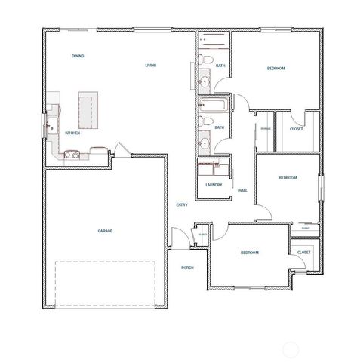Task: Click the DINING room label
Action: [77, 57]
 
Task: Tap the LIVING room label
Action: [150, 66]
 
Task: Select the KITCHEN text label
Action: [72, 133]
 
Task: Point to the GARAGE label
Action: [105, 231]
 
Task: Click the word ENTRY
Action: [182, 204]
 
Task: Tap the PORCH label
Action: [187, 268]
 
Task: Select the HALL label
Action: [243, 190]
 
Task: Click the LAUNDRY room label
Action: [212, 185]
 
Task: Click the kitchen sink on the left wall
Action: [51, 126]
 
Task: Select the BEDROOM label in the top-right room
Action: [275, 69]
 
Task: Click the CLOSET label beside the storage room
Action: [297, 129]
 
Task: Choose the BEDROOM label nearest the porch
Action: [250, 252]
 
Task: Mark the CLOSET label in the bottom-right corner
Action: [303, 252]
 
